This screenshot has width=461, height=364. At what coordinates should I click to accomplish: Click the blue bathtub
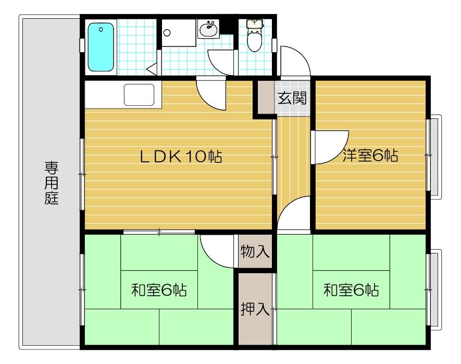(101, 46)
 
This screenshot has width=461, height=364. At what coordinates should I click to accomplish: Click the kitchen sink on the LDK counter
(139, 95)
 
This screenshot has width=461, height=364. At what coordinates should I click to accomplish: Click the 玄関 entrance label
(291, 98)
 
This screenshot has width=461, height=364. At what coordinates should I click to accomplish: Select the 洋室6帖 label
(370, 155)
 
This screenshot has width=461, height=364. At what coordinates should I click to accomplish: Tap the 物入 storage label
(255, 252)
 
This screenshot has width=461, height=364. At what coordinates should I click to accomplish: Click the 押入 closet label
(255, 309)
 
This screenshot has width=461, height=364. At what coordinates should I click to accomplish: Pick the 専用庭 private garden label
(51, 183)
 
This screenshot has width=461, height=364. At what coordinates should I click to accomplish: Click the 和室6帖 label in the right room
(351, 289)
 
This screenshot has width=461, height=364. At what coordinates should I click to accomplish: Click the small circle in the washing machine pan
(167, 32)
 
